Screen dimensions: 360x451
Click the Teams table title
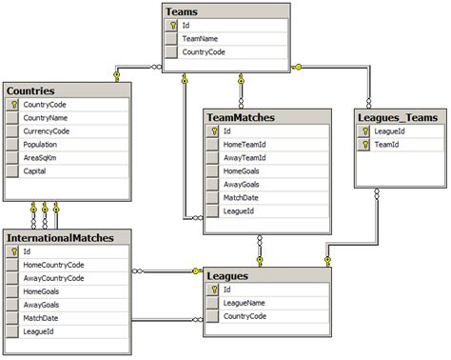pyautogui.click(x=182, y=10)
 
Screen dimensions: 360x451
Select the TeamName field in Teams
pyautogui.click(x=203, y=39)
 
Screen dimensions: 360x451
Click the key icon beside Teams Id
pyautogui.click(x=171, y=26)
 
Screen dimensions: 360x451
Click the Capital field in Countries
pyautogui.click(x=36, y=171)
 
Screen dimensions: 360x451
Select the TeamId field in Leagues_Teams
pyautogui.click(x=387, y=145)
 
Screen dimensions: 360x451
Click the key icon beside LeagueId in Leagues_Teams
pyautogui.click(x=363, y=131)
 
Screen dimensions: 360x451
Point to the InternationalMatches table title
pyautogui.click(x=61, y=237)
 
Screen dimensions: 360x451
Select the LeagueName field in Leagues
pyautogui.click(x=245, y=302)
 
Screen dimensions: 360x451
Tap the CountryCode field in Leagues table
pyautogui.click(x=245, y=315)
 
